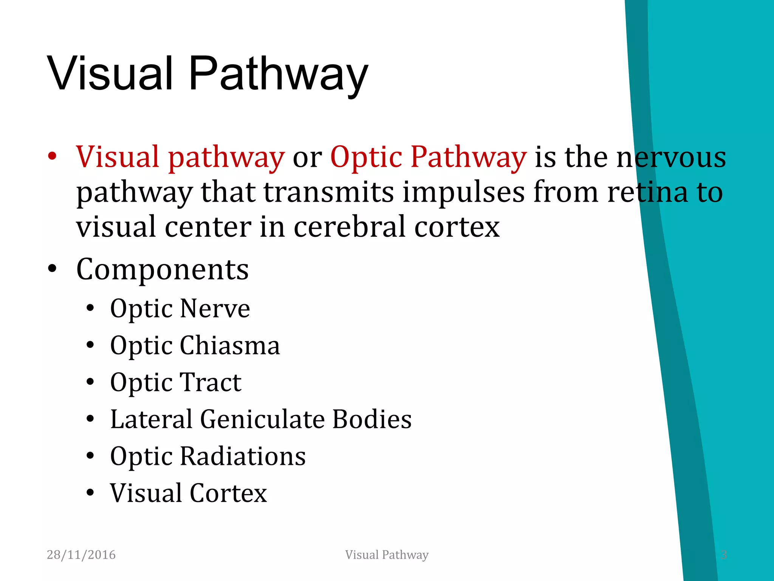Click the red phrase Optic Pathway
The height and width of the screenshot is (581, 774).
coord(428,157)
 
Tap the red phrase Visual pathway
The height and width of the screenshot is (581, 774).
coord(180,157)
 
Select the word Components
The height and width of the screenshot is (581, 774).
coord(163,269)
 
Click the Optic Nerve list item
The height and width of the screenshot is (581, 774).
coord(180,309)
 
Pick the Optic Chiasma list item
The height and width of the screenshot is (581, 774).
coord(195,345)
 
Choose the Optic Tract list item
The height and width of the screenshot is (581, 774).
coord(176,382)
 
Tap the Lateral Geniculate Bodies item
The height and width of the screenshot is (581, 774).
coord(261,419)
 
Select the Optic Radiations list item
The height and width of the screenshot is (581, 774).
coord(208,456)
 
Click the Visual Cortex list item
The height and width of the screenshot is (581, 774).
coord(189,493)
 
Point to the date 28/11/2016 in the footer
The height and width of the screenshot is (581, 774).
coord(81,555)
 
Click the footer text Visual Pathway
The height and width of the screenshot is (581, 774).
coord(387,555)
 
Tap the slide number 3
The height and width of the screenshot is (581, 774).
coord(723,555)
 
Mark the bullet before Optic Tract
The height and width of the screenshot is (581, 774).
coord(90,382)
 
